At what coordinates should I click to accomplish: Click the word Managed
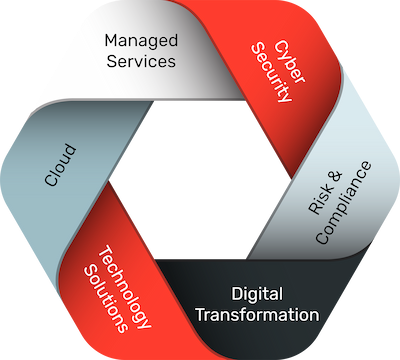click(141, 41)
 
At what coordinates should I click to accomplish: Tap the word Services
click(141, 61)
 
